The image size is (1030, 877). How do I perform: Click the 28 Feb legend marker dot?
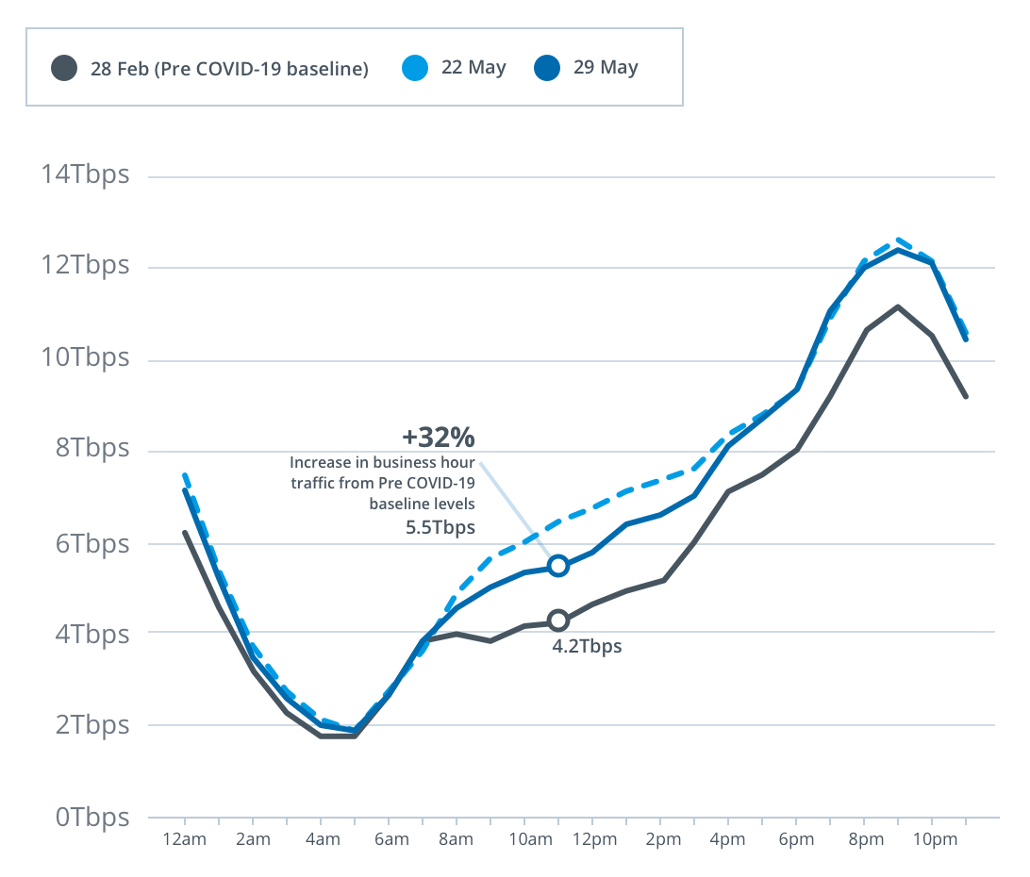point(64,68)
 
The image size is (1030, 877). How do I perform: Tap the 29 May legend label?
point(606,68)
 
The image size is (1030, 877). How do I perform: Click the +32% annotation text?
point(438,438)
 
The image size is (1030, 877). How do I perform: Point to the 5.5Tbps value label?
point(440,527)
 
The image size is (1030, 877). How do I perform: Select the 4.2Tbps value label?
point(587,647)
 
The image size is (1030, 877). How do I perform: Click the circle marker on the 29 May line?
point(558,566)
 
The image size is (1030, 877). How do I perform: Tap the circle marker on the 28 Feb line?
point(558,621)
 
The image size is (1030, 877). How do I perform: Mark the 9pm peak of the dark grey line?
point(897,306)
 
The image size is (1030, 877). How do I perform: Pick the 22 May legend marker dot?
point(414,68)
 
